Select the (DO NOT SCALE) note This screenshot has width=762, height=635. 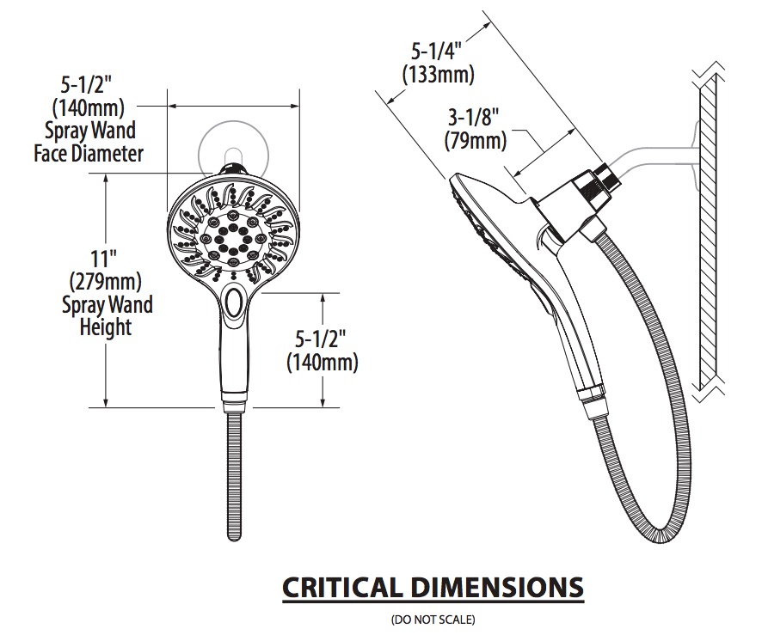click(x=433, y=620)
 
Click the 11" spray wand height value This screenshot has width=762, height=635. click(x=101, y=259)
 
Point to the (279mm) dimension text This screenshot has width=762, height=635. click(x=106, y=281)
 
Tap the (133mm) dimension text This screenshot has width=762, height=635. click(x=439, y=74)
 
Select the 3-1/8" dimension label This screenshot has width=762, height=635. click(x=473, y=118)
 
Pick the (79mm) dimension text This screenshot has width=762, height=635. click(x=476, y=141)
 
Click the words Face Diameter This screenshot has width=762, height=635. click(x=89, y=154)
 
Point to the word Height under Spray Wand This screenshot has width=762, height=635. click(x=106, y=327)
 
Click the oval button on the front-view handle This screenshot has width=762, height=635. click(x=235, y=302)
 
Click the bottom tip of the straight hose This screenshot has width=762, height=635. click(x=234, y=538)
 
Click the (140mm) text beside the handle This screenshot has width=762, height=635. click(x=323, y=362)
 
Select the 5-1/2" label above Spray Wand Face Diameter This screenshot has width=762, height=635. click(x=86, y=85)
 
